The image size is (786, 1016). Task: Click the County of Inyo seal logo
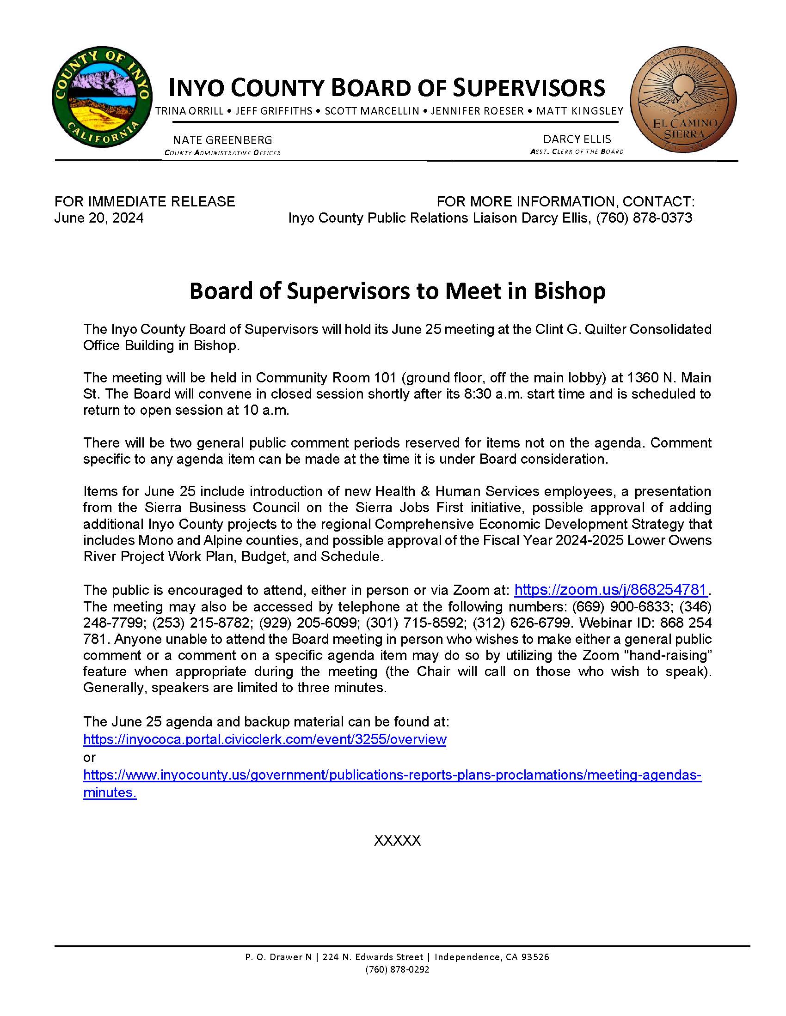click(102, 97)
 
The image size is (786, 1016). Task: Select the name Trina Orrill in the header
click(190, 111)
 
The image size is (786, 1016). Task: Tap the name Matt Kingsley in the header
click(580, 111)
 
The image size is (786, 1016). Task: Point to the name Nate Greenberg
click(222, 140)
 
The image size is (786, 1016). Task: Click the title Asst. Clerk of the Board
click(577, 151)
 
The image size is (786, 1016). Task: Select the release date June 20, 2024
click(99, 218)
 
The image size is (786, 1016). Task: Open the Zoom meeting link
click(611, 590)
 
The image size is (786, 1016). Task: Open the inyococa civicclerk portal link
click(264, 739)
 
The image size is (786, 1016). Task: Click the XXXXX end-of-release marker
click(397, 841)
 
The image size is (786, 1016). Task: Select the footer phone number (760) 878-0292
click(397, 969)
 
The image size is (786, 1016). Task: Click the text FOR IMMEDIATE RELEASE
click(145, 201)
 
